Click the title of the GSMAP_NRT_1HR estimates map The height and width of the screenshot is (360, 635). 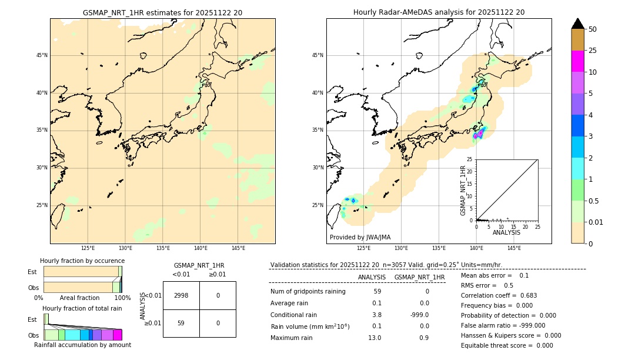tap(162, 12)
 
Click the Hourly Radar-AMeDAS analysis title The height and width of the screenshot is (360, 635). tap(439, 12)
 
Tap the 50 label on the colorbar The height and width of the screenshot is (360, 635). tap(593, 29)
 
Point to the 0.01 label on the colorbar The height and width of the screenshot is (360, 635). tap(596, 222)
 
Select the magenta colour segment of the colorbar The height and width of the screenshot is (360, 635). tap(578, 61)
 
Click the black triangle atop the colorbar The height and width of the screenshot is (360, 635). tap(578, 24)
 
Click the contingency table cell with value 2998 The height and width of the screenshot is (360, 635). tap(181, 295)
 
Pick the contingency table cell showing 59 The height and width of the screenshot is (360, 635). tap(181, 323)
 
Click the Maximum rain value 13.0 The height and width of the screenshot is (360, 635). tap(375, 338)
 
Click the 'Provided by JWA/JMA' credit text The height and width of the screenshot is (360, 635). tap(360, 237)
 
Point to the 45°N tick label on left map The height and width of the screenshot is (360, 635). tap(42, 55)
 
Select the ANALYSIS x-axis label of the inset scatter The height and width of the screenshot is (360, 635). tap(506, 232)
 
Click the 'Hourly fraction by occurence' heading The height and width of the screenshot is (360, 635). tap(82, 261)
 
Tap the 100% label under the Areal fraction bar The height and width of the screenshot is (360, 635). tap(122, 298)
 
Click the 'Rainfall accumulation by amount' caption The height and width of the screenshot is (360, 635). tap(82, 345)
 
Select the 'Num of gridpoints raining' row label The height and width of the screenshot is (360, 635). tap(308, 292)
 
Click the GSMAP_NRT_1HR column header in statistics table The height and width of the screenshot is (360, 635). tap(419, 277)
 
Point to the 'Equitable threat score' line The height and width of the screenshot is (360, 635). tap(507, 345)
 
